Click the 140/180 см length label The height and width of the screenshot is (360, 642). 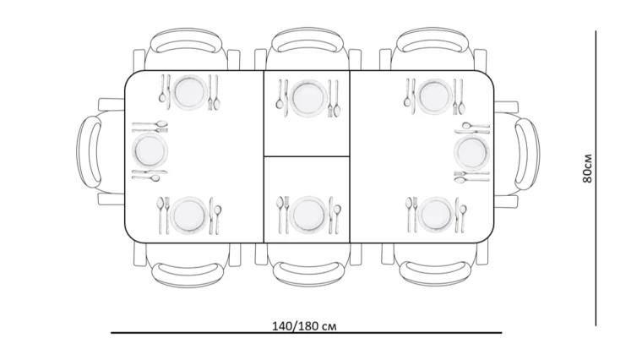[x=304, y=326]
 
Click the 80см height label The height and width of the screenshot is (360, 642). [x=587, y=168]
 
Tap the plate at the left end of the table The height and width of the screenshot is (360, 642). [x=150, y=150]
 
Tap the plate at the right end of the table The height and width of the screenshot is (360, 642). [x=471, y=152]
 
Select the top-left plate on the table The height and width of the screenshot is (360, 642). [x=189, y=93]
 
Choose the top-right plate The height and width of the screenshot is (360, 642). [x=434, y=95]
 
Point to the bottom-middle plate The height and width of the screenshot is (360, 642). [x=307, y=215]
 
